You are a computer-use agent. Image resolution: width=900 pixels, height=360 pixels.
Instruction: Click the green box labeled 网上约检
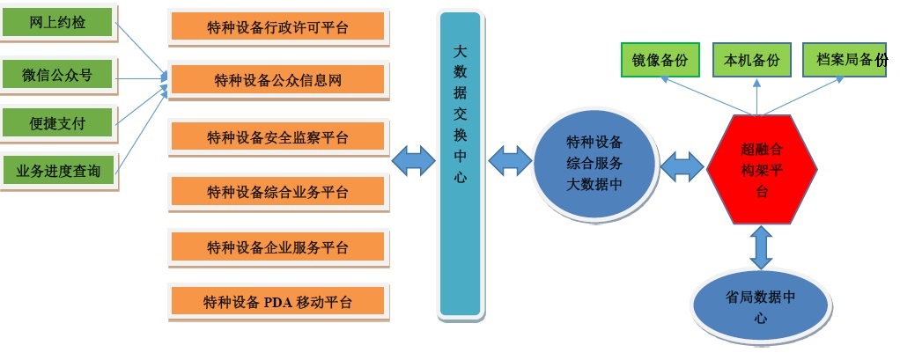[x=58, y=23]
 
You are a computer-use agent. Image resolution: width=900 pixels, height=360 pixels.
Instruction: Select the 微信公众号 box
[x=58, y=75]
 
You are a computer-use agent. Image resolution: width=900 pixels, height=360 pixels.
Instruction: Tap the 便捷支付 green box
[x=58, y=123]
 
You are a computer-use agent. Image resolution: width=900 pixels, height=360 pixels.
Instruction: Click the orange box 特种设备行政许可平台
[x=277, y=28]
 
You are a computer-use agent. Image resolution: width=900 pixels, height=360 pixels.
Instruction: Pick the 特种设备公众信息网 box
[x=277, y=81]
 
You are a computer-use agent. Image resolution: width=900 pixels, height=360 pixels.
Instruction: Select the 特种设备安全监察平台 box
[x=277, y=137]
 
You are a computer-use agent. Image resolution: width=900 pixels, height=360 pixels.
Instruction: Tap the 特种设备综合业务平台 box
[x=277, y=192]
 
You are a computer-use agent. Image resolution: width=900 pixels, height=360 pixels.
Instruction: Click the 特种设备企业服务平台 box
[x=277, y=246]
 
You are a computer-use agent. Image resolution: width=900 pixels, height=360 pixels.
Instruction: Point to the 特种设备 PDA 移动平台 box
[x=277, y=302]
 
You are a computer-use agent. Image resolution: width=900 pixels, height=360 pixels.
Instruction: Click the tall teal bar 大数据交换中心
[x=460, y=164]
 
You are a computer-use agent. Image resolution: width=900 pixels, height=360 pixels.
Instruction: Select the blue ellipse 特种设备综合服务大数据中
[x=594, y=163]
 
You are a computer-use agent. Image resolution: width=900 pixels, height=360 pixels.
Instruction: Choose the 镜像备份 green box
[x=660, y=60]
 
